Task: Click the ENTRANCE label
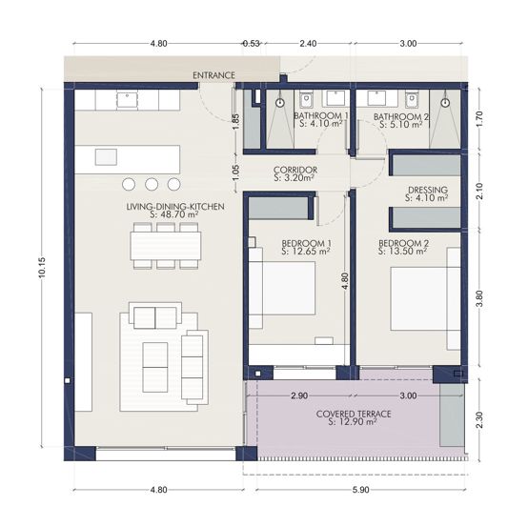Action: coord(213,75)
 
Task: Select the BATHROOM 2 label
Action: coord(401,114)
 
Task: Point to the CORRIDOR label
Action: coord(295,171)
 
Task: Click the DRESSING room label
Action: coord(426,190)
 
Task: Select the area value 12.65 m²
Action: coord(306,253)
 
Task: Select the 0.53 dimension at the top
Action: coord(251,43)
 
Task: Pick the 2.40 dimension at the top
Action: coord(308,43)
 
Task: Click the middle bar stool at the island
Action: coord(151,184)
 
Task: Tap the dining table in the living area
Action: coord(167,246)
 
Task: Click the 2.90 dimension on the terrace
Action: coord(299,395)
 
